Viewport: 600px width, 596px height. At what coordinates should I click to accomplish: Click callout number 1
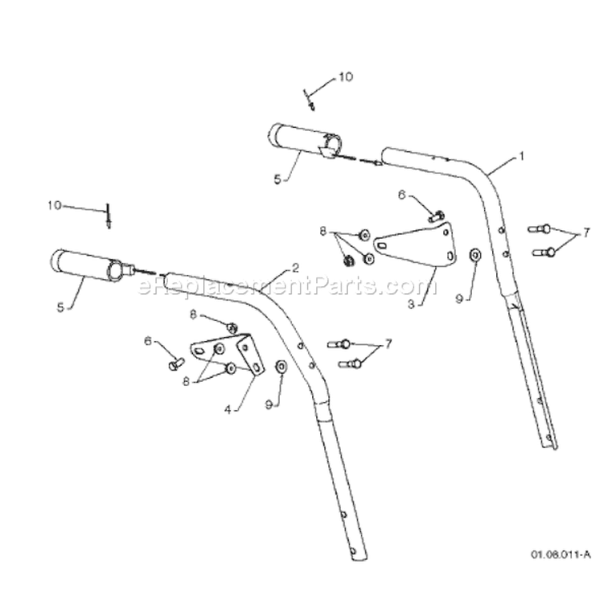(x=521, y=157)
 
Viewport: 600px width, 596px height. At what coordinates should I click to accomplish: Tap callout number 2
(x=295, y=268)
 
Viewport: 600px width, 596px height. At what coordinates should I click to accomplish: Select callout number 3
(x=411, y=304)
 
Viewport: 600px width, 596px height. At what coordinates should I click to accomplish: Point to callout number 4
(x=228, y=410)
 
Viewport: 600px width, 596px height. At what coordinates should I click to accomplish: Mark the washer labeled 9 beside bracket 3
(x=475, y=254)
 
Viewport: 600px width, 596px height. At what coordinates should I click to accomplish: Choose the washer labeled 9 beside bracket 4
(x=282, y=367)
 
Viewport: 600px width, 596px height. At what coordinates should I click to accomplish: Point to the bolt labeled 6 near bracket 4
(x=176, y=364)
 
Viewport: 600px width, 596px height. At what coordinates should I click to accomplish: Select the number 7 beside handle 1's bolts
(x=587, y=232)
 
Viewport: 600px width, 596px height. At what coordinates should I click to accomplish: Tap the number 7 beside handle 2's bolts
(x=388, y=344)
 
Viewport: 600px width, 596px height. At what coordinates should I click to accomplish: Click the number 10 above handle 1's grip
(x=346, y=77)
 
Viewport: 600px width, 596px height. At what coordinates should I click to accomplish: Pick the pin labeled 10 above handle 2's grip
(x=108, y=217)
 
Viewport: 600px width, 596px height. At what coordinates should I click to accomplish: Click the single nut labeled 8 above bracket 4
(x=231, y=328)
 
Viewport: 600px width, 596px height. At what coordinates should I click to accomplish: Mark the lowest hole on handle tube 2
(x=353, y=550)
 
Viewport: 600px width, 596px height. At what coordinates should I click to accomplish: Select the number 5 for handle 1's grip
(x=278, y=179)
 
